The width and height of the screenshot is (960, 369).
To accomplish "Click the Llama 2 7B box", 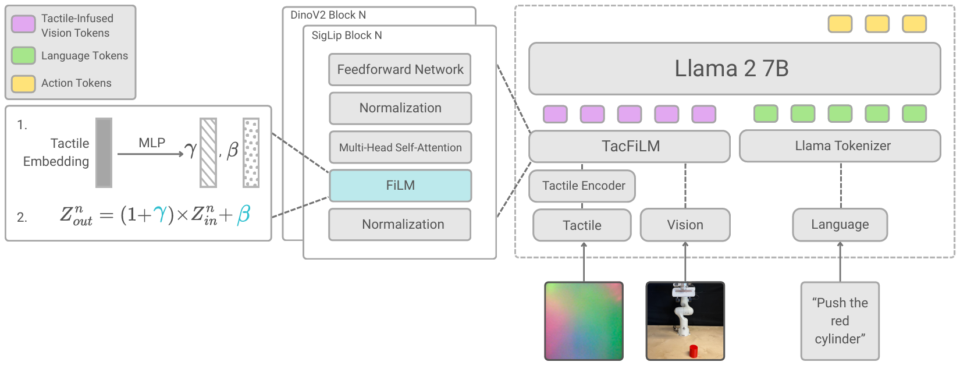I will pos(734,69).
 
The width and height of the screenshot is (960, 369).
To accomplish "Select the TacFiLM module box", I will pos(630,146).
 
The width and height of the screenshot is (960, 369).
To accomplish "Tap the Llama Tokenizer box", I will pos(840,146).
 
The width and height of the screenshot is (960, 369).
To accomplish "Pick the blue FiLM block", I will pos(400,186).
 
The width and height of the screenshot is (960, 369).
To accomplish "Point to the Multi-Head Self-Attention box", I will pos(400,147).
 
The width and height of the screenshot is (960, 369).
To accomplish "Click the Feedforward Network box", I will pos(400,70).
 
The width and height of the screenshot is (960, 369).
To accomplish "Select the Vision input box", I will pos(685,225).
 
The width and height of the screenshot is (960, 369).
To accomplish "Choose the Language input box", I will pos(840,225).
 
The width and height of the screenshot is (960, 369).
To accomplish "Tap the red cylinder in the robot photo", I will pos(693,351).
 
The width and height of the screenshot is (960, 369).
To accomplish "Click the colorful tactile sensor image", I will pos(584,321).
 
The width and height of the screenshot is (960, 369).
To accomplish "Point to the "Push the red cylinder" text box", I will pos(840,321).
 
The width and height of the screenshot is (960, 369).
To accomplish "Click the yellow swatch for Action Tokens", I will pos(23,83).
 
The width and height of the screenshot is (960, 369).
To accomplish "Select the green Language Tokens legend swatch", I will pos(23,56).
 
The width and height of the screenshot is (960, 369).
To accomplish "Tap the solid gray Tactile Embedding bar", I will pos(104,152).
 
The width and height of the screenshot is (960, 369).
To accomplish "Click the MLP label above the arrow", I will pos(152,143).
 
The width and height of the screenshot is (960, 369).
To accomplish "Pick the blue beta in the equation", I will pos(244,215).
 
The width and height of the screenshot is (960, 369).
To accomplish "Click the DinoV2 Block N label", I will pos(328,15).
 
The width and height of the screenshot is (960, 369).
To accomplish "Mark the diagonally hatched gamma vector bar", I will pos(208,152).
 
